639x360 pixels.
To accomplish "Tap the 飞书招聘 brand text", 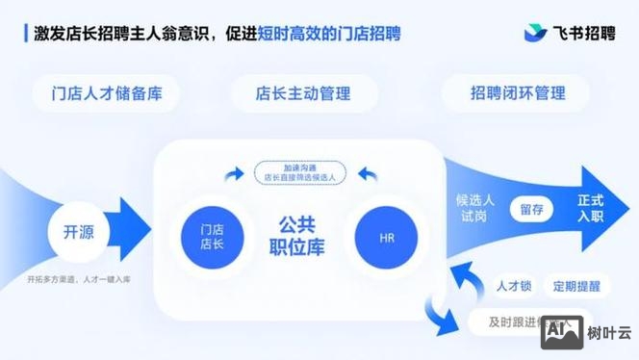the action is click(584, 34).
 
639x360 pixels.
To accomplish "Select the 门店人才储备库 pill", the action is click(107, 93).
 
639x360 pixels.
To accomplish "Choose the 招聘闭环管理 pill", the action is click(517, 93).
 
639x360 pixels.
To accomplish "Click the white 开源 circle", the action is click(78, 231).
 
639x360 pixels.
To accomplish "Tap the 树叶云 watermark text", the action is click(610, 333).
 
